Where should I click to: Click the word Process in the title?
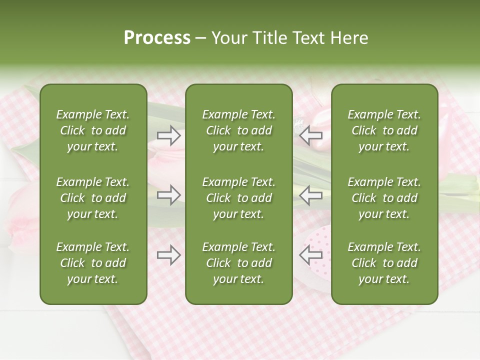(157, 38)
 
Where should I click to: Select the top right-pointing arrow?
(169, 135)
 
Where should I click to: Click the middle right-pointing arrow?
(169, 195)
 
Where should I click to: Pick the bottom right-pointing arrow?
(169, 255)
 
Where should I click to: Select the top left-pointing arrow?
(311, 135)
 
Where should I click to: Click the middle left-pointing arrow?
(311, 195)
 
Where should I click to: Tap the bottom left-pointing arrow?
(311, 255)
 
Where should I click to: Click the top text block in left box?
(93, 130)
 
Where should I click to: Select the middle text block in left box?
(93, 198)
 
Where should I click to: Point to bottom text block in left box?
(93, 263)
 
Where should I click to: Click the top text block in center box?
(238, 130)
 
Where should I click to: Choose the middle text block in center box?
(238, 198)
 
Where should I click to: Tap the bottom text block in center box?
(238, 263)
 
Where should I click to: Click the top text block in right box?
(384, 130)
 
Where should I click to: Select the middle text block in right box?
(384, 198)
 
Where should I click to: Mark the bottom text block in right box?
(384, 263)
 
